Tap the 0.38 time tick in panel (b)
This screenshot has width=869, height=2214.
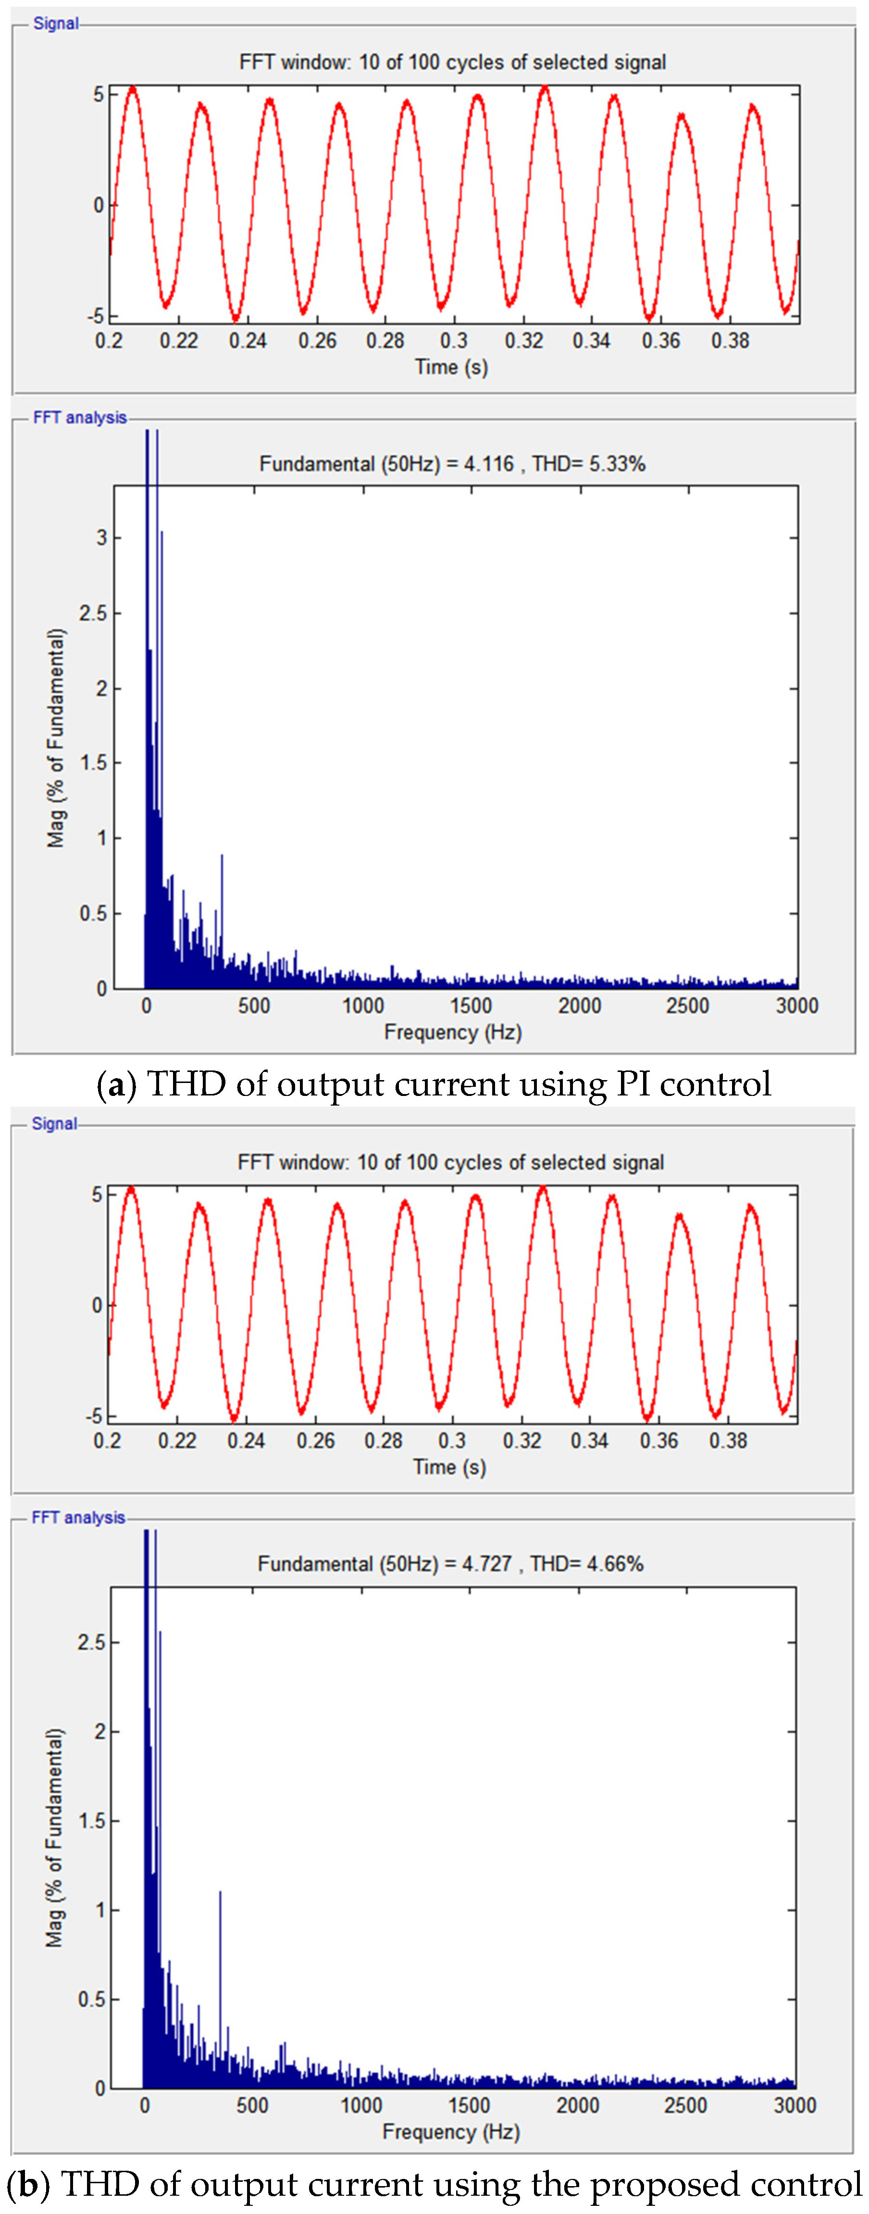728,1441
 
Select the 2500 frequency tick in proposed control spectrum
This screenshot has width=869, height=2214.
685,2105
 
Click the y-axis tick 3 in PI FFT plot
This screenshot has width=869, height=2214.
101,538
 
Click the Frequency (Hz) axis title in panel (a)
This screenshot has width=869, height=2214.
453,1032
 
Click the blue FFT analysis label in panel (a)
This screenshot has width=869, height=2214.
79,418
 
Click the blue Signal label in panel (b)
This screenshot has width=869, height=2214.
54,1123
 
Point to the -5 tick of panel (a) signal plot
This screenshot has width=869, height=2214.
96,316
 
